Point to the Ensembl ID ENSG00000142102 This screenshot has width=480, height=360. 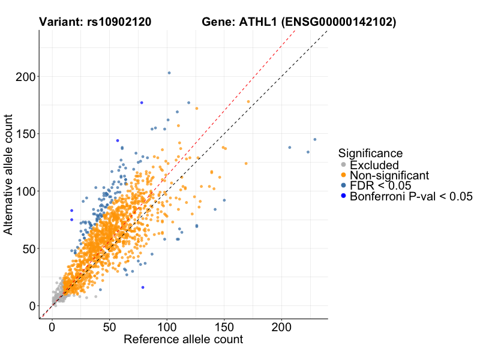[340, 22]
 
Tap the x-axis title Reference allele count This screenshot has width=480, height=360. [183, 339]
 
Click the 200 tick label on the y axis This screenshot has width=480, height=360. [25, 77]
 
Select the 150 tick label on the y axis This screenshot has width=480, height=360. [25, 134]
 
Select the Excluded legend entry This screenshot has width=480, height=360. [374, 164]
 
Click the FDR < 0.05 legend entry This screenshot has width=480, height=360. [379, 185]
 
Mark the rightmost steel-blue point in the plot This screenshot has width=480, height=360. [315, 139]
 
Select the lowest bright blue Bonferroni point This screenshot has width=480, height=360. [143, 287]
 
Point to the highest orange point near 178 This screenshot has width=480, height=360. [248, 102]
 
